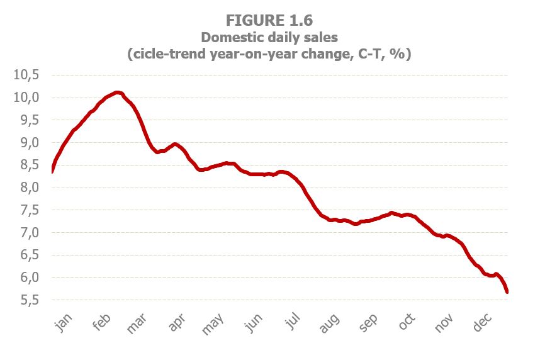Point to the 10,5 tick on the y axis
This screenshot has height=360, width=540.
pos(26,75)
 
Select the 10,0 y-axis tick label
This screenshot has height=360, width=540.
pos(26,98)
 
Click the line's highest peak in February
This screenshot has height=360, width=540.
pos(118,93)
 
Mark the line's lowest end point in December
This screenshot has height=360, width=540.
pos(507,291)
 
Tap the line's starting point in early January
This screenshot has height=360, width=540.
pos(52,171)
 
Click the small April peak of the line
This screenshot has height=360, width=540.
pos(175,144)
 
